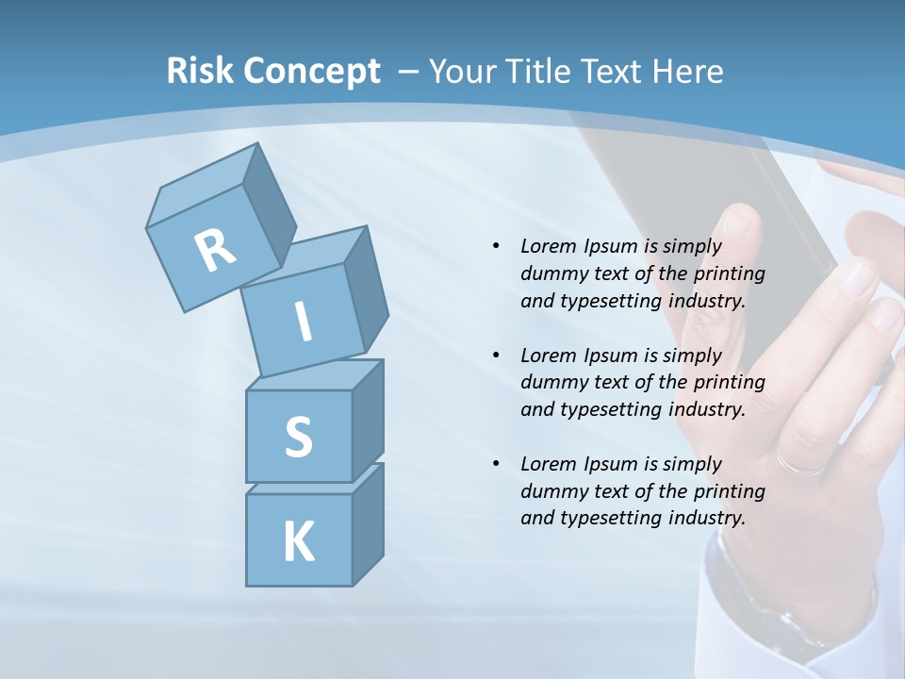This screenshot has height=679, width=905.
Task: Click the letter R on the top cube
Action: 215,249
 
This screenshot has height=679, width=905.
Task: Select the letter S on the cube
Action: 298,437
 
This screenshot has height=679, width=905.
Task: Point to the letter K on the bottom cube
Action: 298,542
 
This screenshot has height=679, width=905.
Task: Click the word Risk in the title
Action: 199,71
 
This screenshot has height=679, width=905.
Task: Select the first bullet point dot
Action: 496,246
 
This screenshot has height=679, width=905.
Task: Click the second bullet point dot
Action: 496,356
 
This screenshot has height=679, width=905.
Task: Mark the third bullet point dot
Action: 496,464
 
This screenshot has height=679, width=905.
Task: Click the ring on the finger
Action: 801,463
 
